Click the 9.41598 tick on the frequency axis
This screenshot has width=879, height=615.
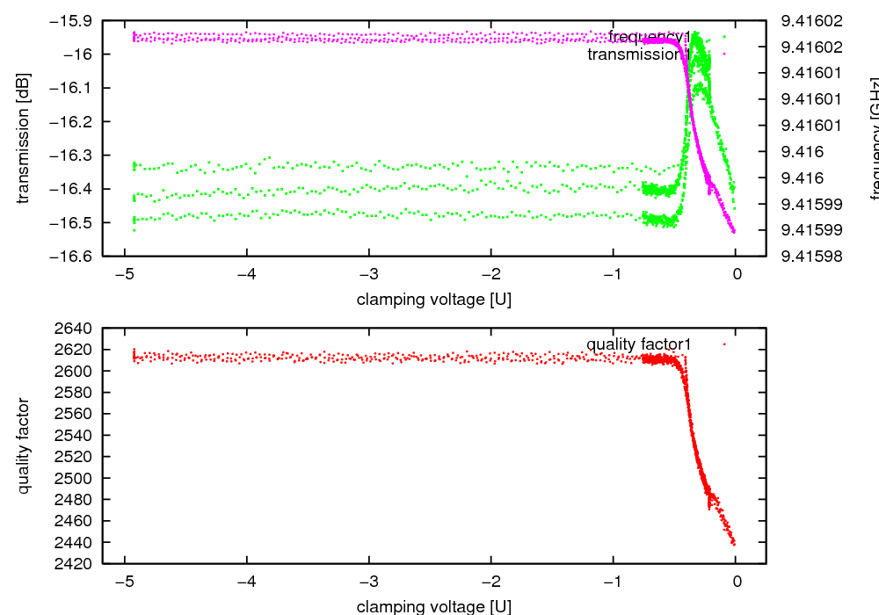point(805,257)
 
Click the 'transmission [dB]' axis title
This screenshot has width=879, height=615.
point(24,138)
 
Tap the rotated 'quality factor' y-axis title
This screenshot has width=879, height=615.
point(24,445)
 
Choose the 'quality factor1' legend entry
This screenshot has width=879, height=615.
point(638,344)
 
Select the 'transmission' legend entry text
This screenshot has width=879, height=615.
point(634,54)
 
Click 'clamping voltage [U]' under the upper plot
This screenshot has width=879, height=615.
point(434,300)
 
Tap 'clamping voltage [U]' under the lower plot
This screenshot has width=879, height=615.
point(434,606)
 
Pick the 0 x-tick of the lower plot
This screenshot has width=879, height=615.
point(737,582)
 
